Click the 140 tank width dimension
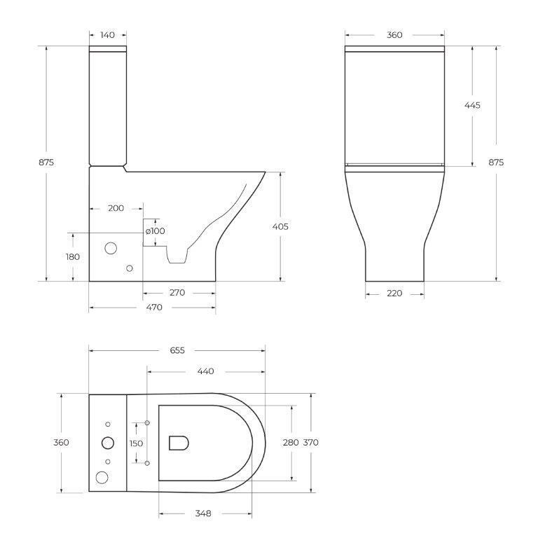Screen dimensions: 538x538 tap(108, 35)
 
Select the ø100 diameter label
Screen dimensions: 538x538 tap(155, 231)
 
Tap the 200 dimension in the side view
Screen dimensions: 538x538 tap(116, 208)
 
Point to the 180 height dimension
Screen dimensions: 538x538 tap(73, 256)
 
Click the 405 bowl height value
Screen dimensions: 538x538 tap(280, 226)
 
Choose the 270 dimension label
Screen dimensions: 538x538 tap(177, 292)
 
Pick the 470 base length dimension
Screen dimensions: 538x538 tap(154, 307)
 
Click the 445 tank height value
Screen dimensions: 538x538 tap(472, 105)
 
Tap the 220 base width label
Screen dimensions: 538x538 tap(394, 294)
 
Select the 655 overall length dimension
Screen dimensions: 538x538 tap(177, 350)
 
